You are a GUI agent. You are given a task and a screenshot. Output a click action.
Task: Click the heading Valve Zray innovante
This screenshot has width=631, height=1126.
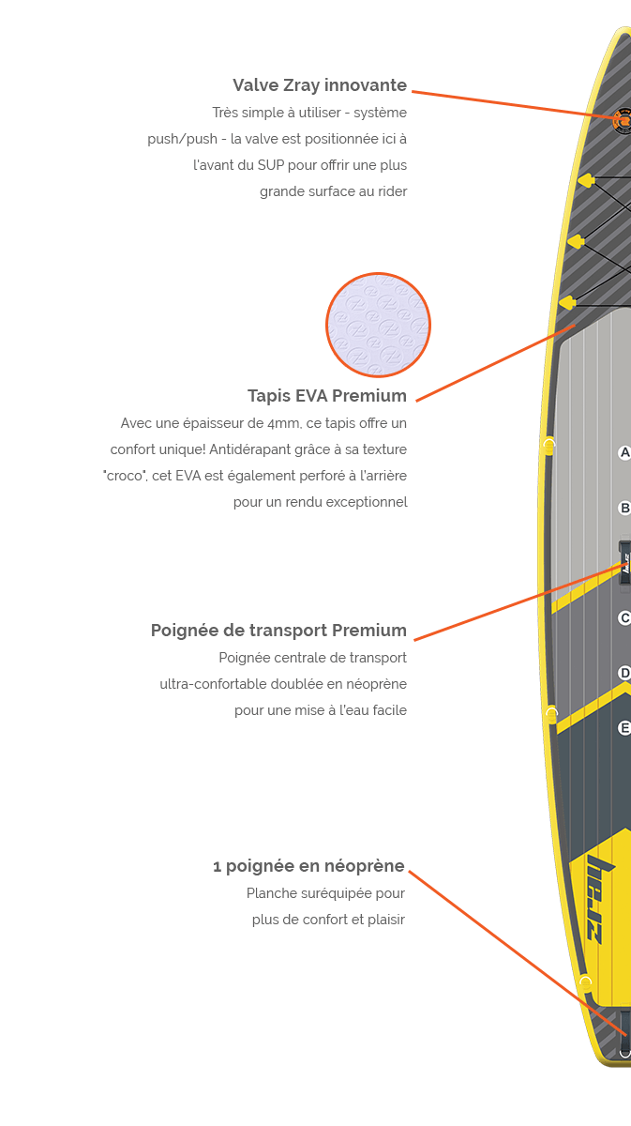(x=319, y=85)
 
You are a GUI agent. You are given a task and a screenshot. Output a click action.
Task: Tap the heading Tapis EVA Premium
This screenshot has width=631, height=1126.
(x=326, y=395)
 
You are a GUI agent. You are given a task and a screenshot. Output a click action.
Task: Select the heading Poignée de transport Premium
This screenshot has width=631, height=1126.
(x=278, y=631)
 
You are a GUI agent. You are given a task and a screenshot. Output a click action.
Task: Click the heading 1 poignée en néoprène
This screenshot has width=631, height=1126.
(x=308, y=866)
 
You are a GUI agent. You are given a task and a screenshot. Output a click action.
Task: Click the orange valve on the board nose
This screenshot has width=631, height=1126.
(x=622, y=121)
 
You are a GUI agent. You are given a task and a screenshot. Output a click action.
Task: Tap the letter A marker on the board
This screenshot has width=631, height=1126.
(x=624, y=453)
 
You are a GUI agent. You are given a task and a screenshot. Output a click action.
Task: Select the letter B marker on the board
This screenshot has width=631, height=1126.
(x=624, y=509)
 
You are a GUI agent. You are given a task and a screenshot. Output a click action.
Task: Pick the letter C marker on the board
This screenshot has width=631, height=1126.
(x=624, y=618)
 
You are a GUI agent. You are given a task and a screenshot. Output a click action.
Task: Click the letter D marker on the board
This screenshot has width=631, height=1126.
(x=624, y=673)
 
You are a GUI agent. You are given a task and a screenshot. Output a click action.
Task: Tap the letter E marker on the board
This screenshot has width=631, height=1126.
(x=624, y=727)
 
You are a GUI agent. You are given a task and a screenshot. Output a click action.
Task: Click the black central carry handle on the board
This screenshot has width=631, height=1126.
(x=623, y=561)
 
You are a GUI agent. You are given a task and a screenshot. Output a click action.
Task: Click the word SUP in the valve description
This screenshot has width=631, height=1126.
(x=270, y=165)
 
